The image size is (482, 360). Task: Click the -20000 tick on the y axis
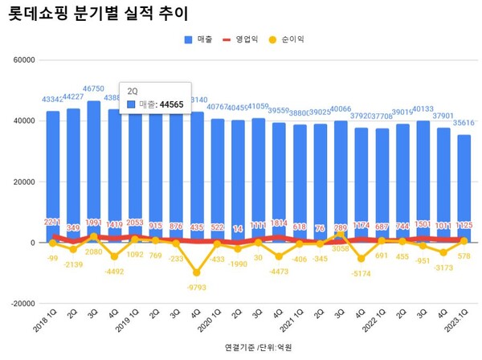[x=22, y=304]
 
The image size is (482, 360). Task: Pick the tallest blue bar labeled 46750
[x=93, y=169]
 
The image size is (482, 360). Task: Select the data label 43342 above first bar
[x=53, y=99]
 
